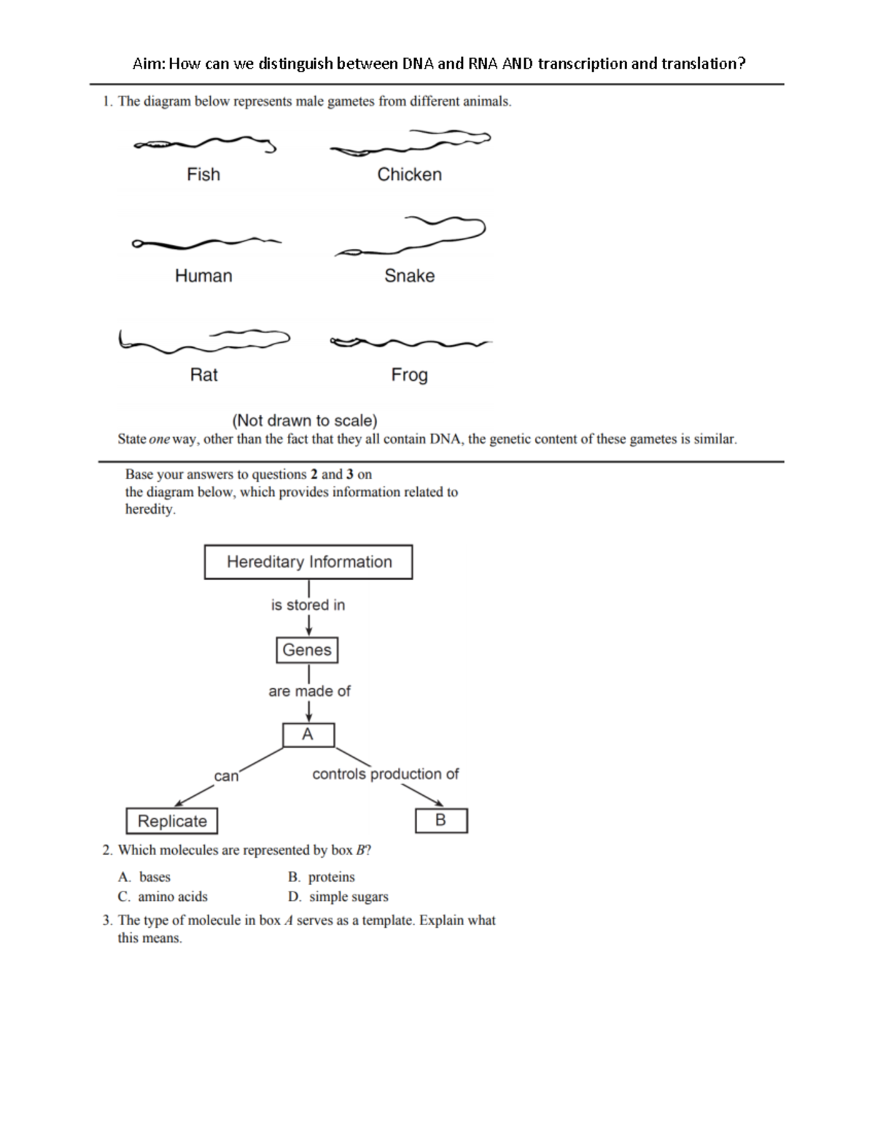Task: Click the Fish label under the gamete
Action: click(203, 174)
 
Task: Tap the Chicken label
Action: click(409, 174)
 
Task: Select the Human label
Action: click(203, 276)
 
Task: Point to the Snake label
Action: click(409, 276)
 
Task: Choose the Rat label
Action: click(203, 375)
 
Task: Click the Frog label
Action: click(409, 375)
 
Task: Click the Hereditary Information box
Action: click(308, 562)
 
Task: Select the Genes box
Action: click(307, 650)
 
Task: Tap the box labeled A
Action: click(308, 735)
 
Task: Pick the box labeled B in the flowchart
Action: click(441, 821)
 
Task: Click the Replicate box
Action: click(172, 821)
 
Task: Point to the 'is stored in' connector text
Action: click(308, 605)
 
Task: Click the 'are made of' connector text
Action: click(309, 691)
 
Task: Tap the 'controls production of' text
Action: click(385, 774)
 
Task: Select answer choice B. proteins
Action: click(322, 877)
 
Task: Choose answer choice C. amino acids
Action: click(163, 897)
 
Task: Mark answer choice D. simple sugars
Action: click(338, 897)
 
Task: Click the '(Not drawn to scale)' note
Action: click(304, 420)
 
